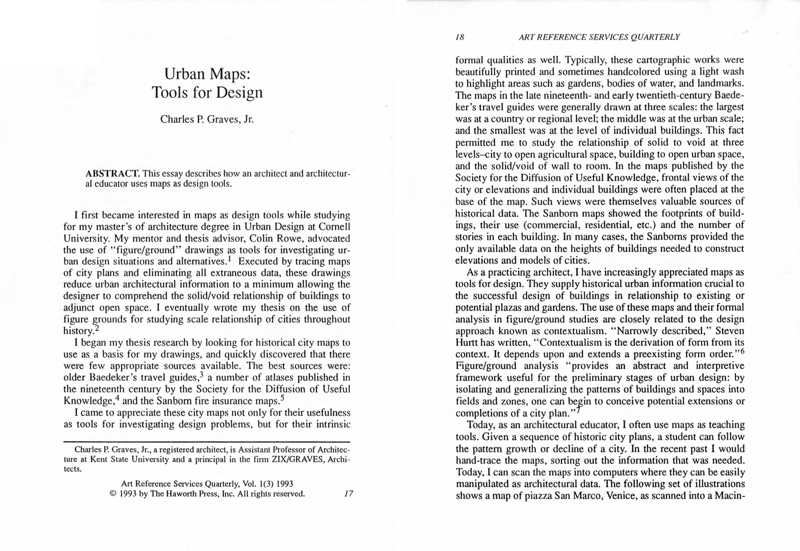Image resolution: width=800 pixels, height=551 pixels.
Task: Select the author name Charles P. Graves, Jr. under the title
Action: click(207, 119)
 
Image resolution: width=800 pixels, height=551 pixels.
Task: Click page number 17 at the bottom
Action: click(349, 494)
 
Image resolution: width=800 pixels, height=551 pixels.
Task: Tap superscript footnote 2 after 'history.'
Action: click(97, 328)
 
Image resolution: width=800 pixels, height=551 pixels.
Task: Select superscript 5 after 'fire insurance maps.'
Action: click(282, 398)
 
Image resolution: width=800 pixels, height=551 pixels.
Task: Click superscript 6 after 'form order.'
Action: click(742, 351)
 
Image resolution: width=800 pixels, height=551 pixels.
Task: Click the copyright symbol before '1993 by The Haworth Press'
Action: click(113, 494)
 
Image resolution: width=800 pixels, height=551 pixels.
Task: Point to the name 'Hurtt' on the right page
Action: click(466, 342)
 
